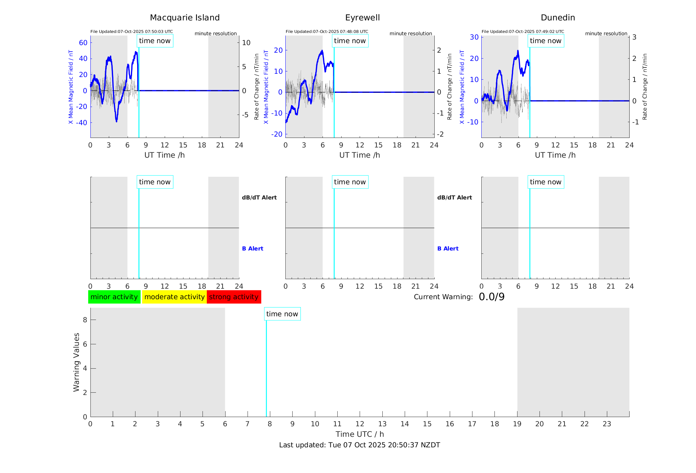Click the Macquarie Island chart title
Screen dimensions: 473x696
(184, 18)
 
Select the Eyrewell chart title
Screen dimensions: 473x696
(362, 18)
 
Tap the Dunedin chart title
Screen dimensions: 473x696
(558, 18)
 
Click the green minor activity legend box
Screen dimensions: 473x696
(114, 297)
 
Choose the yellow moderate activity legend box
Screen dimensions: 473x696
(174, 297)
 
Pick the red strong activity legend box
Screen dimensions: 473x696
(234, 297)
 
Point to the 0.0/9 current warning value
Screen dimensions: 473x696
(492, 297)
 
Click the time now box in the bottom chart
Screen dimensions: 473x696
(282, 314)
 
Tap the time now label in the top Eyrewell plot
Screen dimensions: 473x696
(350, 41)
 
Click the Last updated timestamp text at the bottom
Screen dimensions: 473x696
(359, 445)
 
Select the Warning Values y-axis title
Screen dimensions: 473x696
(76, 362)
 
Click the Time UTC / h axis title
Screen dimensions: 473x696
(360, 434)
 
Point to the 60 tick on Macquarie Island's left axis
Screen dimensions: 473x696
(83, 42)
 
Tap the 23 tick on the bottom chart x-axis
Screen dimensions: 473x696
(607, 424)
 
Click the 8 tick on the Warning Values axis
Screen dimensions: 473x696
(85, 320)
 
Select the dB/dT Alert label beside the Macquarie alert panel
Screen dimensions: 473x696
(259, 197)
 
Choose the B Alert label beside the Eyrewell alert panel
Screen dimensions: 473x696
(448, 249)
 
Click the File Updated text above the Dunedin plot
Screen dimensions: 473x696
(523, 32)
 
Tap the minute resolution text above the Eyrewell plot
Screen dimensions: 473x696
(411, 34)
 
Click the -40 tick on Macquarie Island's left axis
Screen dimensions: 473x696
(82, 123)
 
